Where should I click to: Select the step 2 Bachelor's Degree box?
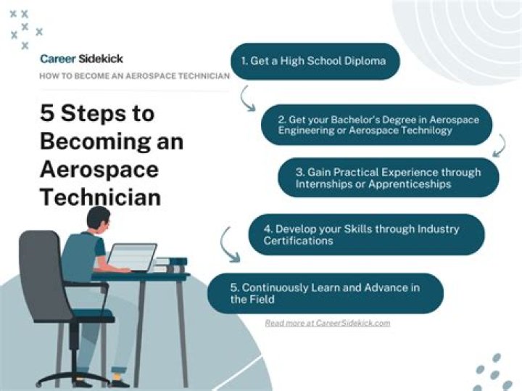(376, 125)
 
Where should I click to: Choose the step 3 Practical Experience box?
(389, 178)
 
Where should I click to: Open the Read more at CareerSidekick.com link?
(327, 323)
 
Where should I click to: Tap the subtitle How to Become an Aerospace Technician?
(134, 75)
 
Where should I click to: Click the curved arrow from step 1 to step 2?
(249, 98)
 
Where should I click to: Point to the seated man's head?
(99, 220)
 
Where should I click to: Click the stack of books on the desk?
(170, 264)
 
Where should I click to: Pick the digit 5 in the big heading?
(47, 114)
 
